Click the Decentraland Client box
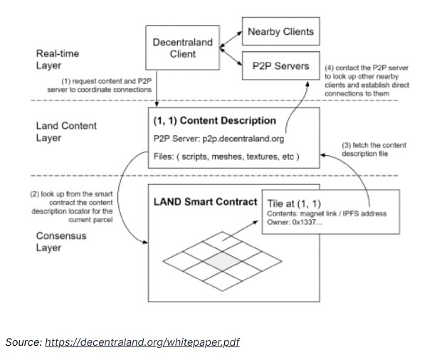tap(183, 49)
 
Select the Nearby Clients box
tap(280, 32)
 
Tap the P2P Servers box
tap(280, 66)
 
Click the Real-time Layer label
tap(58, 60)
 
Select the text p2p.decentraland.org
tap(251, 138)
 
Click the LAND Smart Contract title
tap(206, 201)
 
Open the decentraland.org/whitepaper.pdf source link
tap(142, 342)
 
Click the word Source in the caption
tap(23, 342)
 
